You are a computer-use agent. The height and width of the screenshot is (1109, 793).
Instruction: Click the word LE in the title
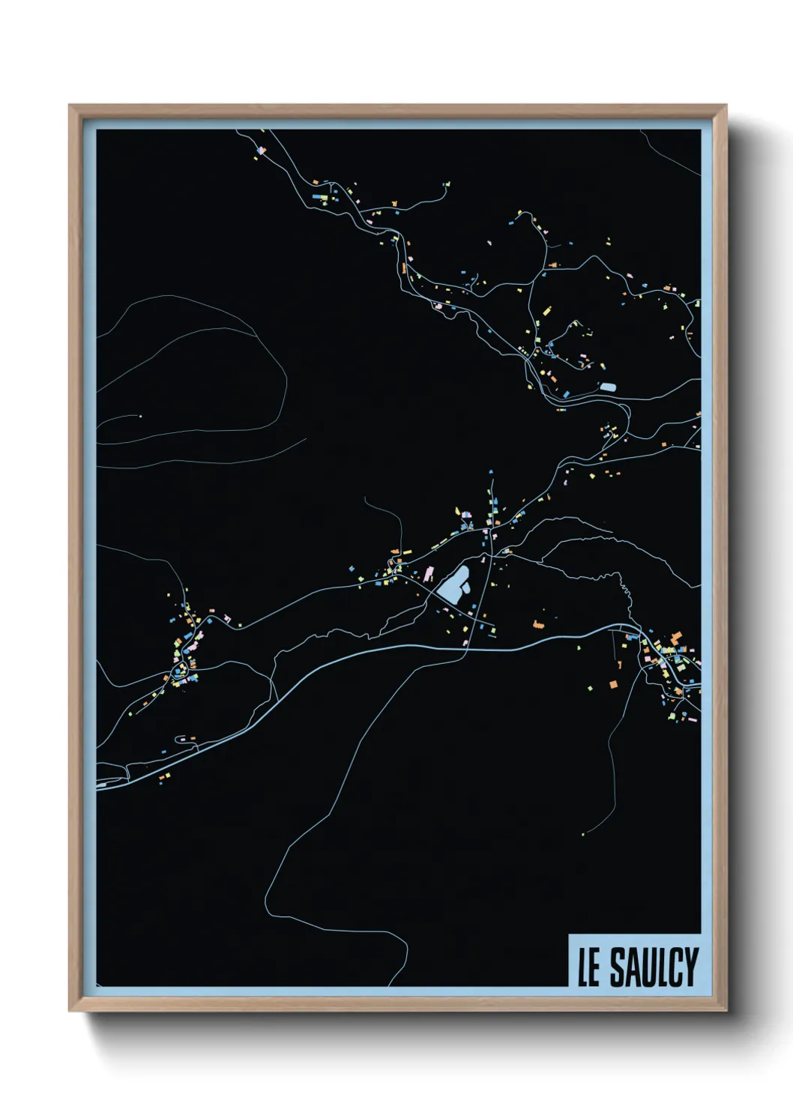click(x=589, y=968)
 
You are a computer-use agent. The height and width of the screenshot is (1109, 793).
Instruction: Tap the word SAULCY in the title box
click(x=654, y=967)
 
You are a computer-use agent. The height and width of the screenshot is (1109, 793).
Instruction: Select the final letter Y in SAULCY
click(x=690, y=967)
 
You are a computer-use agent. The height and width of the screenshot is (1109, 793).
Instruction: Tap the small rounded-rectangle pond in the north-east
click(x=607, y=387)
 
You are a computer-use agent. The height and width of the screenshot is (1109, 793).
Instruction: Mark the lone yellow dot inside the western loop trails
click(x=140, y=416)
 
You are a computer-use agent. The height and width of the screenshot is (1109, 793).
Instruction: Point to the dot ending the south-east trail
click(x=583, y=834)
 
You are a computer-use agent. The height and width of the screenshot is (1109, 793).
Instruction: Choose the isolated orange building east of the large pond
click(x=537, y=623)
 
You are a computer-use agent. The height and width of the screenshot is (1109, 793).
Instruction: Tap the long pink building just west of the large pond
click(x=429, y=574)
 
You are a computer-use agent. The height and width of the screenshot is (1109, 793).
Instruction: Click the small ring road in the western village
click(x=179, y=671)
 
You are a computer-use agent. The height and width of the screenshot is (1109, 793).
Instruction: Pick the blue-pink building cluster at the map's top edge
click(x=261, y=151)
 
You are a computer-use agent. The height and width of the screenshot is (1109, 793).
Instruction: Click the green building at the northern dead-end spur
click(x=447, y=183)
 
